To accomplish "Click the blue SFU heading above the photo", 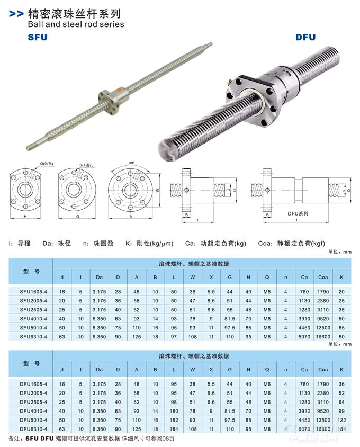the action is pos(38,38).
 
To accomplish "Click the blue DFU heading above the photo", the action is pos(305,38).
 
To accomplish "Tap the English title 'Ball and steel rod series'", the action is pos(76,24).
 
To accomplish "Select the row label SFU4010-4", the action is pos(33,319).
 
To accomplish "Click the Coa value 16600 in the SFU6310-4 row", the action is pos(323,337).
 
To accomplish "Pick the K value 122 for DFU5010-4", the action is pos(341,420).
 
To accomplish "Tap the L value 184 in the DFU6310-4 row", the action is pos(174,429).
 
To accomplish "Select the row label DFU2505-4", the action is pos(33,402).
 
